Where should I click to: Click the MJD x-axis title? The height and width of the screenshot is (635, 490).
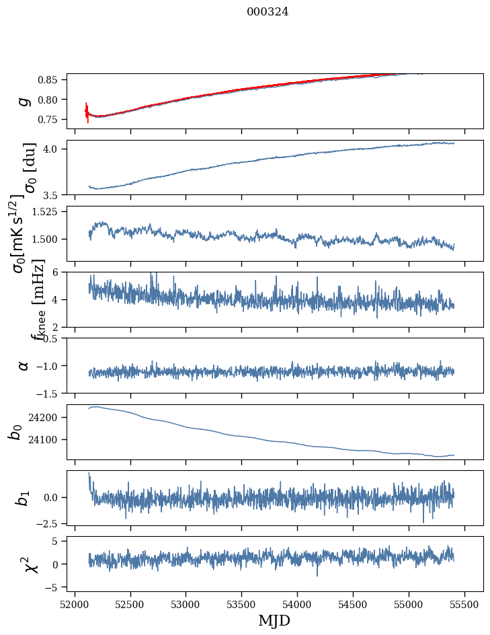click(x=274, y=620)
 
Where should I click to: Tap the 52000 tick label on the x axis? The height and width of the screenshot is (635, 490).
click(x=75, y=603)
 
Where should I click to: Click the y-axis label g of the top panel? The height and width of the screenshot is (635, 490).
click(x=24, y=101)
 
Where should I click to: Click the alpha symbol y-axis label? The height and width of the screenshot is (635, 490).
click(x=24, y=365)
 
